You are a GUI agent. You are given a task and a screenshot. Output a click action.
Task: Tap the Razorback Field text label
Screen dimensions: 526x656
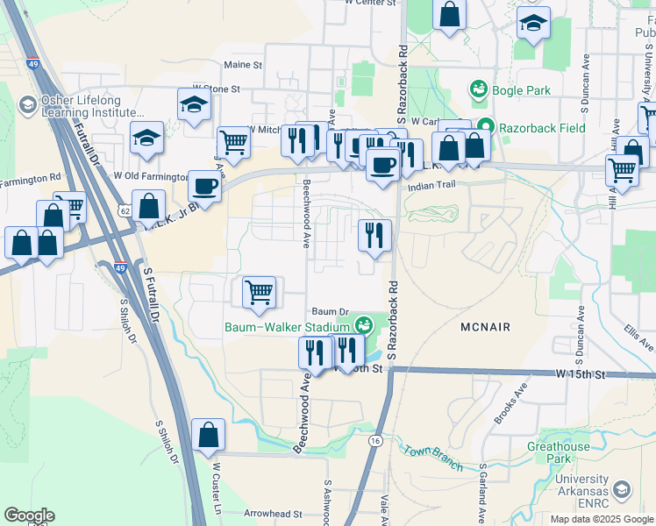pyautogui.click(x=542, y=128)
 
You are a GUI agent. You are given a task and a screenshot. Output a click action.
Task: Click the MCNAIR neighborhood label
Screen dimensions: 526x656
pyautogui.click(x=485, y=326)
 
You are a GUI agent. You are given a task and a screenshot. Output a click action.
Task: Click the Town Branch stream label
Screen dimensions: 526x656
pyautogui.click(x=432, y=457)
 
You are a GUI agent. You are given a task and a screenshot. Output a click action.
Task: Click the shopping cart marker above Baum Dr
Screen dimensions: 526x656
pyautogui.click(x=259, y=292)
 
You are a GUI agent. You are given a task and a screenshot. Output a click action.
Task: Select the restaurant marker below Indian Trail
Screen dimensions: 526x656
pyautogui.click(x=374, y=234)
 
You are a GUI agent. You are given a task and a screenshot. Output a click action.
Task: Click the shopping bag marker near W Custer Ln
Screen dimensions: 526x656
pyautogui.click(x=209, y=434)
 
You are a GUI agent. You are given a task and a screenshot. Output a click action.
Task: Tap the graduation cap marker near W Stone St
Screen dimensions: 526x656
pyautogui.click(x=195, y=104)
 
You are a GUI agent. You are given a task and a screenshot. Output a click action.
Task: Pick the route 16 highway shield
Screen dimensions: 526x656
pyautogui.click(x=375, y=440)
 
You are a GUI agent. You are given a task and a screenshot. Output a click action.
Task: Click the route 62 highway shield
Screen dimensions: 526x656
pyautogui.click(x=125, y=211)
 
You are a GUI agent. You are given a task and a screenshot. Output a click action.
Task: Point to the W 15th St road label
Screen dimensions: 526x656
pyautogui.click(x=581, y=374)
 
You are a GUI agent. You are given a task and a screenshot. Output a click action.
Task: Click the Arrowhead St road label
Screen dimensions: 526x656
pyautogui.click(x=273, y=514)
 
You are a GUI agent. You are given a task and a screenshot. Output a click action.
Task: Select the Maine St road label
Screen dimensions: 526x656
pyautogui.click(x=243, y=65)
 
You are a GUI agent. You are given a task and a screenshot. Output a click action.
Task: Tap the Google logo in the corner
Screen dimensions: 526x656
pyautogui.click(x=29, y=515)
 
